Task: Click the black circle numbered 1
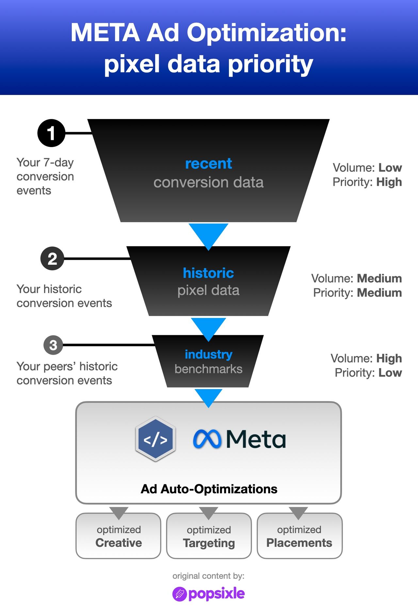[x=51, y=133]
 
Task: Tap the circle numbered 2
[x=52, y=259]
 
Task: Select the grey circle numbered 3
[x=53, y=345]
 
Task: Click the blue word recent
[x=208, y=164]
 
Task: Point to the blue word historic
[x=208, y=273]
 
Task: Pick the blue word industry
[x=208, y=354]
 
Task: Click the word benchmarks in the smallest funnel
[x=208, y=369]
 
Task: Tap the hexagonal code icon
[x=155, y=439]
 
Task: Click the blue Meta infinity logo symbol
[x=207, y=439]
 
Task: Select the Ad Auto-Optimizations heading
[x=209, y=489]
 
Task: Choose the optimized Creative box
[x=119, y=536]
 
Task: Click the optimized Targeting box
[x=209, y=536]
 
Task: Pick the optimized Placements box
[x=299, y=536]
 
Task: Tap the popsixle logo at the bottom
[x=208, y=594]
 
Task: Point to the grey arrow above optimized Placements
[x=298, y=512]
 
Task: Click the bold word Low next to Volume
[x=390, y=168]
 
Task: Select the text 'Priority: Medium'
[x=357, y=293]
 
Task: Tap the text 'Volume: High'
[x=366, y=358]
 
